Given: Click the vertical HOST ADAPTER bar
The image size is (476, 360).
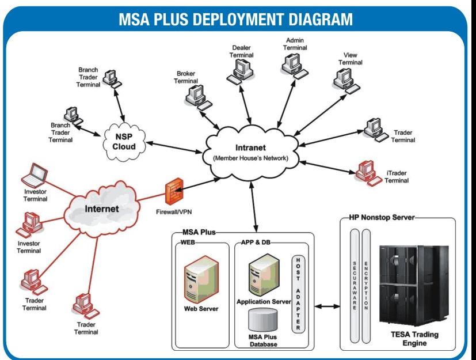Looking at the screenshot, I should (297, 294).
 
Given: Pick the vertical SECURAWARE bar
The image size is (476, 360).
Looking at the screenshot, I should (355, 285).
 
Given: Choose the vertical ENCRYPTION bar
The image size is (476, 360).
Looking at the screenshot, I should (367, 285).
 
